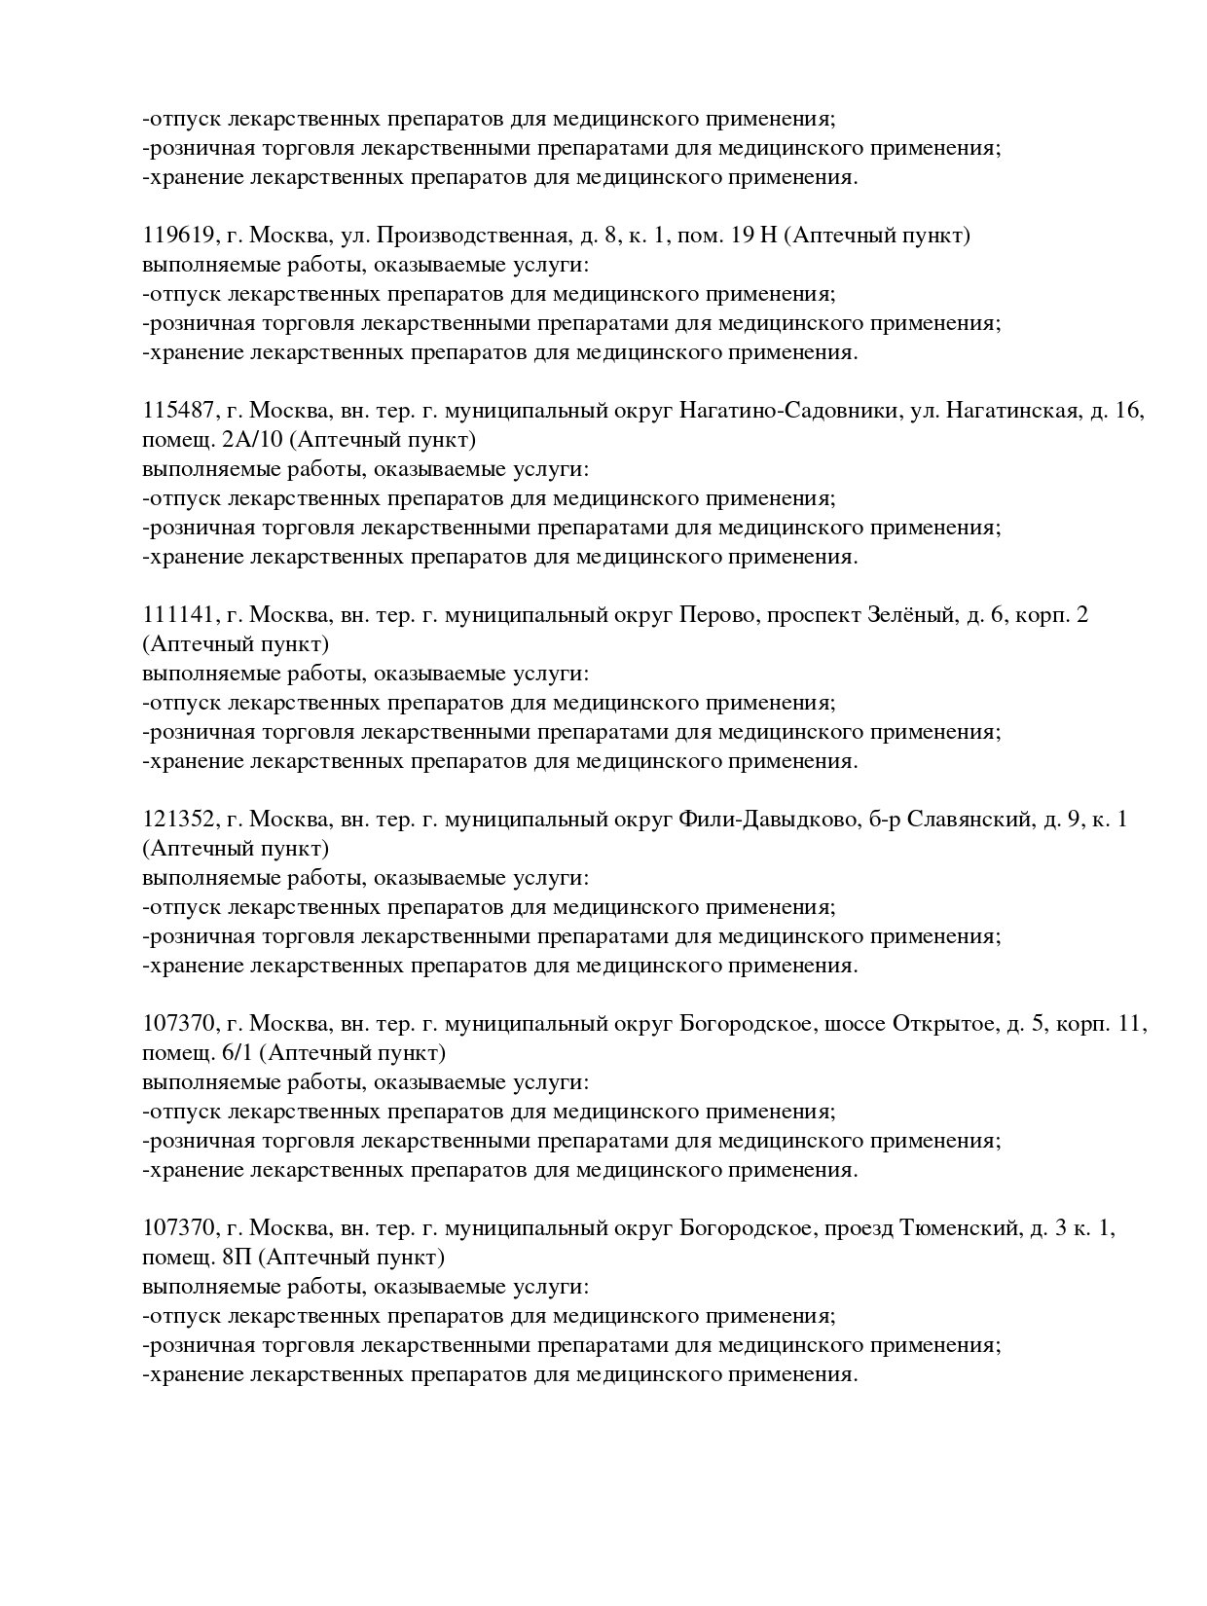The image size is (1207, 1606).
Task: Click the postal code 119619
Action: (179, 236)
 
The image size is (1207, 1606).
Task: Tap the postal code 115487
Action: (179, 411)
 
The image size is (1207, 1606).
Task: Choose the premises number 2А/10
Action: (252, 440)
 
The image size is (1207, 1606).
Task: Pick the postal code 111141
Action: (179, 615)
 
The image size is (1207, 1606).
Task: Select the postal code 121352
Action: (179, 820)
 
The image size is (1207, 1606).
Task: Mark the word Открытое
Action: (942, 1024)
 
